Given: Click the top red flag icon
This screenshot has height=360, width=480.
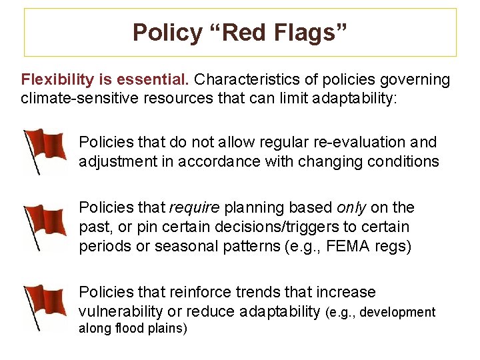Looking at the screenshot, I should coord(45,150).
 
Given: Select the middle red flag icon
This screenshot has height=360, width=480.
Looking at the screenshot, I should coord(45,226).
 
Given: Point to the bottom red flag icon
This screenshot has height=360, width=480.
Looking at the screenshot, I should coord(45,306).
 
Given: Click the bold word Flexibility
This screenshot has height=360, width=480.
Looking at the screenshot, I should coord(57,80).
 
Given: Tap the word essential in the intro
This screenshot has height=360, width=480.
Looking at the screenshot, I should coord(158,80).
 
